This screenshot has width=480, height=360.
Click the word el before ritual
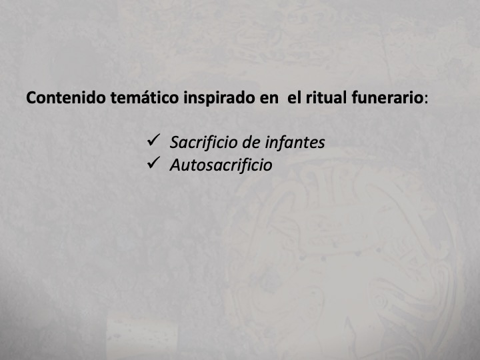(x=294, y=99)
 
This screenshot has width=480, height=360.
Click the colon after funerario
(x=427, y=100)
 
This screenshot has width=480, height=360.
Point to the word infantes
(x=295, y=142)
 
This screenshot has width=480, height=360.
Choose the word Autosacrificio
(x=221, y=165)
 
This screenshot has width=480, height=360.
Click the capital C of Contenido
(x=31, y=99)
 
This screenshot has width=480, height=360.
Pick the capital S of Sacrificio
(x=174, y=142)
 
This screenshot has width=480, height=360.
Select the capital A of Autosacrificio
(x=175, y=165)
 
